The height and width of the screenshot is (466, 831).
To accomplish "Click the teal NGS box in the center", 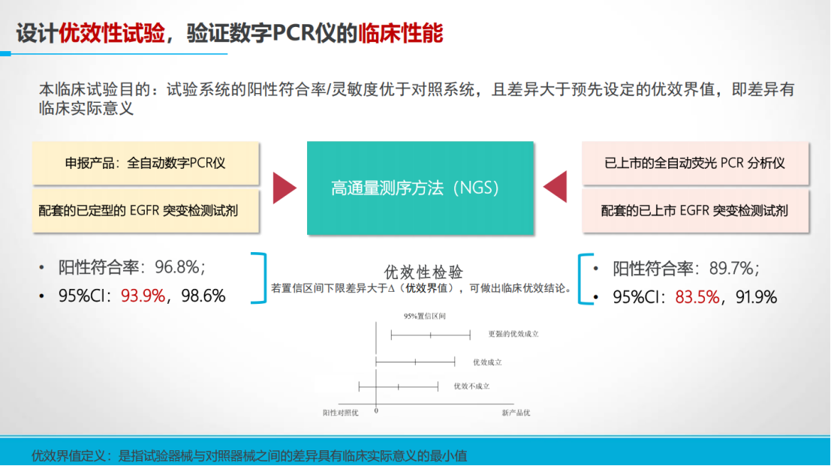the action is [x=420, y=188].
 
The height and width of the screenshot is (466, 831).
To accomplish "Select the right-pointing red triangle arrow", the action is [x=285, y=188].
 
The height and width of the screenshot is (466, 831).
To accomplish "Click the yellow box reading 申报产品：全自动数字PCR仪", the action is [x=146, y=163].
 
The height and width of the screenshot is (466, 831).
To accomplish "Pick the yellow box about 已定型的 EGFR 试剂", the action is [x=146, y=211].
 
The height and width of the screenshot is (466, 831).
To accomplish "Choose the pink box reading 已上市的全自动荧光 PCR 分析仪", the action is [x=695, y=163].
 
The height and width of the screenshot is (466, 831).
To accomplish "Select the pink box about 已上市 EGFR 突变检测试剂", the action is [x=695, y=211].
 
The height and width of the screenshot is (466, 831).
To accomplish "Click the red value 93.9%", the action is [x=143, y=296].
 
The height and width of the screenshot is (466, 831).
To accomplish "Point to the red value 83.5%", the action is [x=697, y=297].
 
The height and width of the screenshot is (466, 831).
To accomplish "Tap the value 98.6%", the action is [x=203, y=296].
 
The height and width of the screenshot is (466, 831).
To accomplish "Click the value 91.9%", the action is [x=756, y=297].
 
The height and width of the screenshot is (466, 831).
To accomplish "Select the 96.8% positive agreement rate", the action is [x=176, y=267].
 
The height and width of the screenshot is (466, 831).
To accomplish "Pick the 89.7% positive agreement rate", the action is [x=731, y=269].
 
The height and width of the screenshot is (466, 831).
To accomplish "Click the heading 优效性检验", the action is [x=423, y=272].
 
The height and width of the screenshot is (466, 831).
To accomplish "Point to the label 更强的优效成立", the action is [x=513, y=334].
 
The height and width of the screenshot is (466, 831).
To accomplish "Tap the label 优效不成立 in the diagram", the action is [x=471, y=386].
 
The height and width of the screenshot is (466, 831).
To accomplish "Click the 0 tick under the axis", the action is [x=376, y=411].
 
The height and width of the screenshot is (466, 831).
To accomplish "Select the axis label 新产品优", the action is [x=516, y=413].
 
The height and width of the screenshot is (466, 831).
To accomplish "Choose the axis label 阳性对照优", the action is [x=340, y=413].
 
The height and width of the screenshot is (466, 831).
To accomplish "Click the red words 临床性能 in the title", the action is [x=401, y=33].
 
